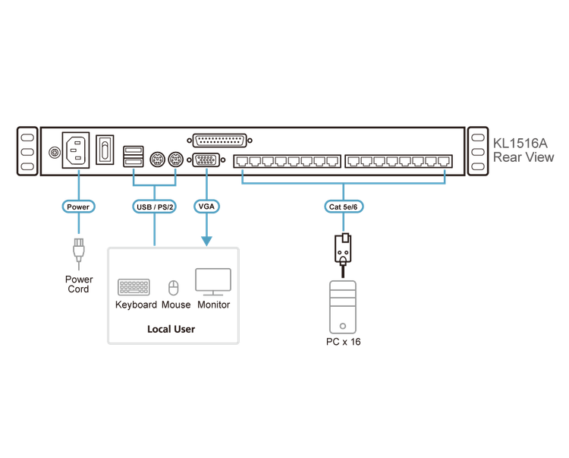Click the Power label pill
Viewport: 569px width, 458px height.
click(77, 206)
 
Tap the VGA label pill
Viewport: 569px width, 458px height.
click(206, 206)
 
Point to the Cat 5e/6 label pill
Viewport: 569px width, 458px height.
click(343, 206)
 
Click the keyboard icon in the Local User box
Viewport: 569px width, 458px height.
click(137, 287)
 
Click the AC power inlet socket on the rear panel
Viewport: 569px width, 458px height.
click(76, 151)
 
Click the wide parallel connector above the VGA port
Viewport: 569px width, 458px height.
click(221, 141)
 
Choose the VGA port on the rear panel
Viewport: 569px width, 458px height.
click(206, 161)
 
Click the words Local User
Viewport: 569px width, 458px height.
click(170, 330)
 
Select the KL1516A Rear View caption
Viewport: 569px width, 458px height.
click(523, 150)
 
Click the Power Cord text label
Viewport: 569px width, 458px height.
click(78, 284)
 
